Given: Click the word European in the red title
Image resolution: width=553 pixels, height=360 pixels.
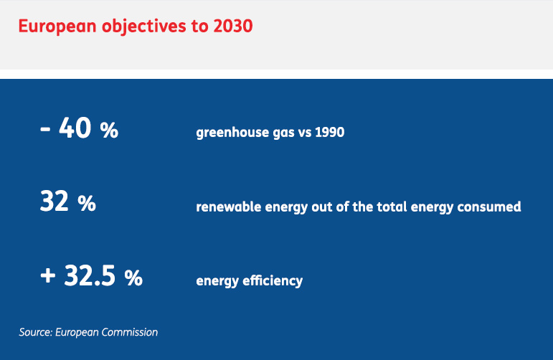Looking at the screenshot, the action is click(x=57, y=27).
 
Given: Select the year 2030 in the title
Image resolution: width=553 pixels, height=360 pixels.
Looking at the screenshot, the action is click(x=233, y=26).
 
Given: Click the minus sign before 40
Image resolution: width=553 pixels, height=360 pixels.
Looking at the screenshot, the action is click(x=45, y=129).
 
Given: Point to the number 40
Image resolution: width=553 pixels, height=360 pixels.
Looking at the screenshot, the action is click(x=75, y=127).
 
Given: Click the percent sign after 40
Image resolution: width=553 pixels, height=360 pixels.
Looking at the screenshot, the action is click(x=109, y=131).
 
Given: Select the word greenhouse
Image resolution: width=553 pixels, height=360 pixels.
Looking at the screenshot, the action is click(x=232, y=133).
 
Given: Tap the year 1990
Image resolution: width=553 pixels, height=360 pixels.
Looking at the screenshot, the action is click(x=329, y=132).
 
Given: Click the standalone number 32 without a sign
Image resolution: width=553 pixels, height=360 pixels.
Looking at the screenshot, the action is click(x=54, y=201).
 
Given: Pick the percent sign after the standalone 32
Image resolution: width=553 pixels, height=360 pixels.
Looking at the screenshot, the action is click(x=87, y=204).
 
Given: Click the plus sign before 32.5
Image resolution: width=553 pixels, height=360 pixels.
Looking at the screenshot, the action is click(x=47, y=275).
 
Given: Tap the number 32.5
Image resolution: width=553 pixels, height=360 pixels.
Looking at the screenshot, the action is click(x=90, y=275).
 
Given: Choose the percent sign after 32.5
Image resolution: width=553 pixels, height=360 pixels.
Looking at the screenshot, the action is click(x=133, y=278).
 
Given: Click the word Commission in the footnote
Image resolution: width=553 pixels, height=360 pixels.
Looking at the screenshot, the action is click(x=129, y=332).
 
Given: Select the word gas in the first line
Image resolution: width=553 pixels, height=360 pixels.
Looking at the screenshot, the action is click(x=284, y=133).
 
